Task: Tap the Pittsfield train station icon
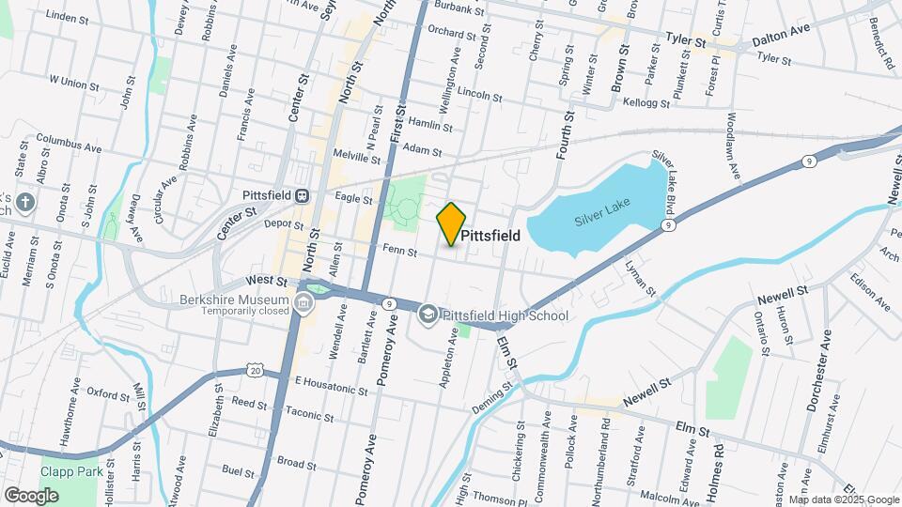303,196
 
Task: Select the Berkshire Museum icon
304,302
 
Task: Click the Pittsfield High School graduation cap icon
428,315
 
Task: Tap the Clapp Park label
70,471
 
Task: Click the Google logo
31,495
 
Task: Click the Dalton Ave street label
780,30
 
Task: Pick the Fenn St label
400,250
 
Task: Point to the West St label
266,280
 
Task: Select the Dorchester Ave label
817,371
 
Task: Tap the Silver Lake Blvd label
676,179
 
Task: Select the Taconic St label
303,411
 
